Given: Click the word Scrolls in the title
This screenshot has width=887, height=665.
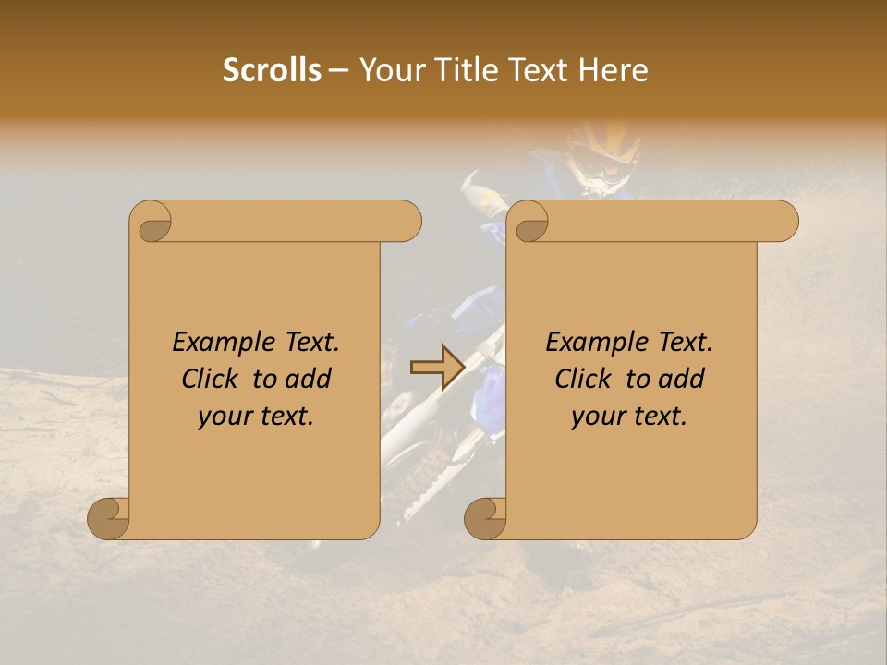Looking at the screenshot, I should [273, 70].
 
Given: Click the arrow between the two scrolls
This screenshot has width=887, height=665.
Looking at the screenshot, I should [437, 369].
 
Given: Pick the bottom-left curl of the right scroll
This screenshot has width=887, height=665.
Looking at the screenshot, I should [486, 517].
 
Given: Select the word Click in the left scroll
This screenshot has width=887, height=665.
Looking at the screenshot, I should [203, 380].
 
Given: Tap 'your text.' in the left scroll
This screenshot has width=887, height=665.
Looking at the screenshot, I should [256, 417].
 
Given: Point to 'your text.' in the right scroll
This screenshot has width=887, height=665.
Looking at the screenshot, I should [629, 417].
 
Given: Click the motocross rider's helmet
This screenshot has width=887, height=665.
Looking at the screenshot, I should [602, 152].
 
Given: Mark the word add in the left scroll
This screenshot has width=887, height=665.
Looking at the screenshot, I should [310, 380].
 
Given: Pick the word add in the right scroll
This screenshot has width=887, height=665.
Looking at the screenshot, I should [683, 380].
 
